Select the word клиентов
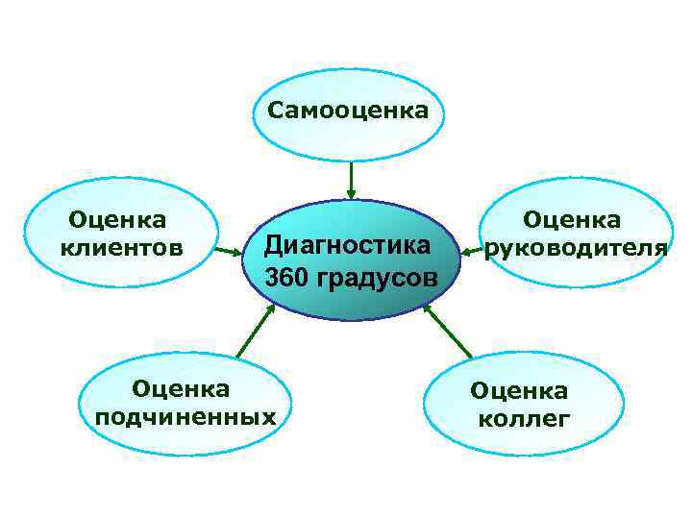coord(121,248)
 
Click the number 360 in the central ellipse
coord(284,278)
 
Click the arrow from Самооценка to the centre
coord(352,180)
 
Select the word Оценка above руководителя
coord(572,221)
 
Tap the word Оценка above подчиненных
coord(181,388)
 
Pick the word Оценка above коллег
coord(519,391)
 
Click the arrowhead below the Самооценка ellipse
coord(352,194)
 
